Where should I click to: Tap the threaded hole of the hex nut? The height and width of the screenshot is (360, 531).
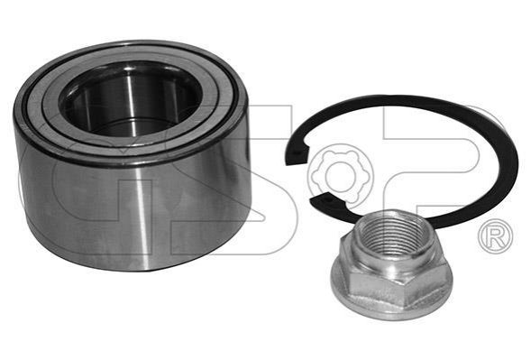point(393,233)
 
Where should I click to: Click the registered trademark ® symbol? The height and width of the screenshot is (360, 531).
point(495,236)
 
